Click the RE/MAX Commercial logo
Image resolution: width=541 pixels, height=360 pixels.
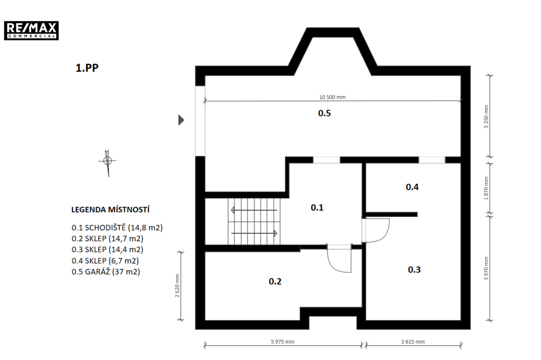[x=31, y=30]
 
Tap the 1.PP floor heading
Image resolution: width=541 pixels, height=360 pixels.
[x=87, y=68]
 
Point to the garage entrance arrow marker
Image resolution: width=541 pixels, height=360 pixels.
[x=181, y=120]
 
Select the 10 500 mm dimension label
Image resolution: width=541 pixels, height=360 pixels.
[x=332, y=97]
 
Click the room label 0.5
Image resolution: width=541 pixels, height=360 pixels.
[x=324, y=113]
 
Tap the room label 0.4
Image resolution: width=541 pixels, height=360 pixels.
[x=412, y=187]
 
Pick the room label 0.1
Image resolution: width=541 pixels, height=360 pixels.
[x=317, y=207]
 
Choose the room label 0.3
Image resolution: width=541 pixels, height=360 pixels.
[x=414, y=270]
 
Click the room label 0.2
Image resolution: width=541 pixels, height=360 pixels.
[x=275, y=281]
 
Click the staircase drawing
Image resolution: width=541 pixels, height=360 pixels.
[x=254, y=221]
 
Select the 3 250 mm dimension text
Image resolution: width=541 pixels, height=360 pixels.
[x=486, y=117]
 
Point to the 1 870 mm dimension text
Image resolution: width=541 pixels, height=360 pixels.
[x=486, y=188]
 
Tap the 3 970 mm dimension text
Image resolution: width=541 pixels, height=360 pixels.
[x=486, y=268]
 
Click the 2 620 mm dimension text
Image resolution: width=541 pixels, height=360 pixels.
[x=177, y=286]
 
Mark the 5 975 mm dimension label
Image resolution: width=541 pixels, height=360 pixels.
[x=283, y=342]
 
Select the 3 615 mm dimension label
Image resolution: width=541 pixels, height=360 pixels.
[x=413, y=342]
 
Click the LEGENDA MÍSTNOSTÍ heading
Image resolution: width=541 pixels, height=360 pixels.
[x=110, y=210]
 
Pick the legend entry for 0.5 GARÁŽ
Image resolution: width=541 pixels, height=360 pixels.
[x=106, y=272]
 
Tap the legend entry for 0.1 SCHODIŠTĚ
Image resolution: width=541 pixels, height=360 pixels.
[x=117, y=228]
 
